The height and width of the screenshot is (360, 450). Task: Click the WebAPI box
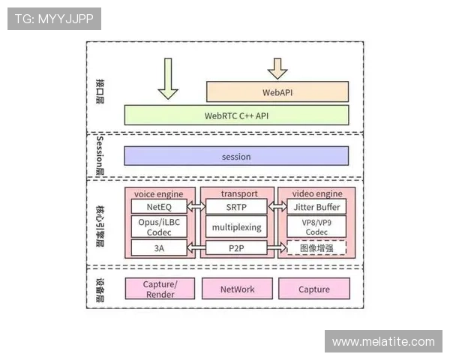click(x=277, y=92)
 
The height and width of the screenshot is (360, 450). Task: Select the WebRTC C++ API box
click(x=236, y=115)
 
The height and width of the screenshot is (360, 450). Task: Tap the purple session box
click(x=236, y=156)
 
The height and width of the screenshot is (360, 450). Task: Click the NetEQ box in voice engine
click(x=159, y=206)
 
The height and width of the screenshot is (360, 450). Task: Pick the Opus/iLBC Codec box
click(x=159, y=226)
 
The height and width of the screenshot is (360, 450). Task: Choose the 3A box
click(x=159, y=247)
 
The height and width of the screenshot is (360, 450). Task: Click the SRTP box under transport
click(x=236, y=206)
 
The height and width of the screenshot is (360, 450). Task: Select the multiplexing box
click(x=236, y=226)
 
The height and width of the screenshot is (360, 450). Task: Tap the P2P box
click(x=236, y=247)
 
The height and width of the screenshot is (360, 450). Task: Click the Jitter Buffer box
click(x=316, y=206)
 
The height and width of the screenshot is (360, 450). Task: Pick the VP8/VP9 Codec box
click(x=316, y=226)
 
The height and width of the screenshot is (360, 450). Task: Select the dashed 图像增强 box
click(x=316, y=247)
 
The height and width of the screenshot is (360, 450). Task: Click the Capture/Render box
click(x=159, y=289)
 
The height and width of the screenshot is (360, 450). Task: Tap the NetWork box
click(x=237, y=289)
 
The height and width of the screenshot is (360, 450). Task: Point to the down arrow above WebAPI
click(x=277, y=68)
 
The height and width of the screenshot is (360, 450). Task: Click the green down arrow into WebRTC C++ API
click(x=168, y=81)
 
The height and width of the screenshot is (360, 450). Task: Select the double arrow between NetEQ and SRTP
click(x=196, y=206)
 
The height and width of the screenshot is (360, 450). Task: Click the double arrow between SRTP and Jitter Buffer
click(x=277, y=206)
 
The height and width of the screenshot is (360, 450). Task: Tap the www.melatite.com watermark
click(x=383, y=342)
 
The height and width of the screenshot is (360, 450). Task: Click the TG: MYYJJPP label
click(x=54, y=18)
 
